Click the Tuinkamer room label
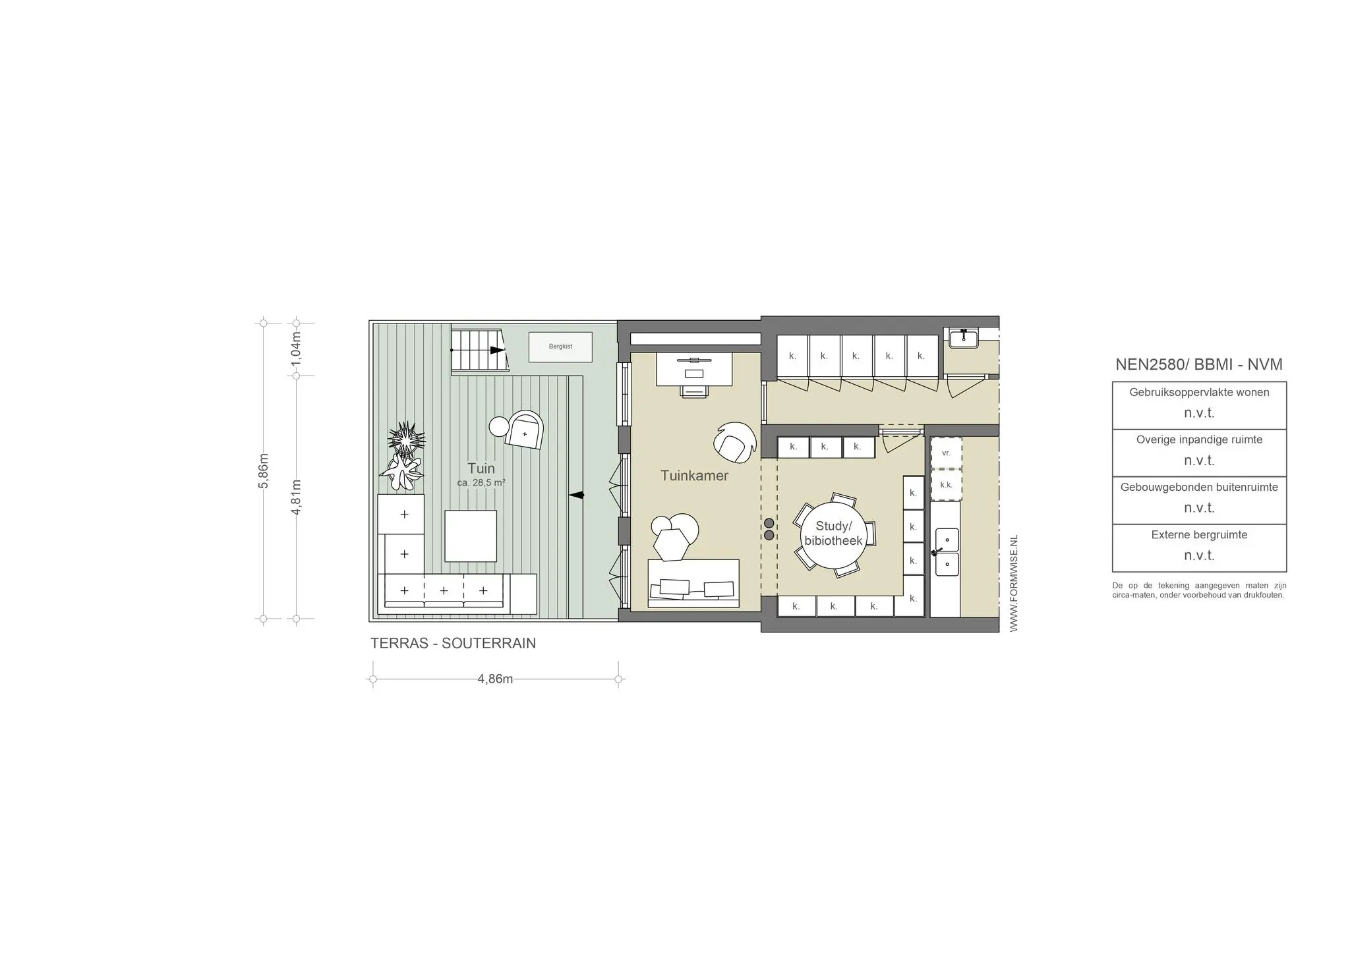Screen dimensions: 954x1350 click(694, 476)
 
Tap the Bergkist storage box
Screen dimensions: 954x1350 click(560, 347)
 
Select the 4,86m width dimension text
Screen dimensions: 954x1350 click(495, 679)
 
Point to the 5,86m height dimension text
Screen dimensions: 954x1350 click(264, 470)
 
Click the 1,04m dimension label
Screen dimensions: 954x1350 click(296, 349)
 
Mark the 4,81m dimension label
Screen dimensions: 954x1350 click(296, 497)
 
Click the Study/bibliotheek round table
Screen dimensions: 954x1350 click(833, 534)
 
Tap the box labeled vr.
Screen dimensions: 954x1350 click(946, 453)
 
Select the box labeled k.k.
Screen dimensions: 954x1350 click(946, 485)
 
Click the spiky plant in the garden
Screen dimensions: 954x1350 click(405, 438)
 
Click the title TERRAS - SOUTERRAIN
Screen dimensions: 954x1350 click(453, 643)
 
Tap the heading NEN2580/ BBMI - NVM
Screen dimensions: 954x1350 click(1198, 364)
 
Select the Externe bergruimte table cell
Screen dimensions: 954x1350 click(1199, 547)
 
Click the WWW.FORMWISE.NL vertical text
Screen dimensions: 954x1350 click(1014, 583)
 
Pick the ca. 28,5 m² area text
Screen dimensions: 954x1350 click(481, 483)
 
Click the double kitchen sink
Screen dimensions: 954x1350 click(947, 552)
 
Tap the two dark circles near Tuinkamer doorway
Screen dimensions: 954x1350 click(769, 529)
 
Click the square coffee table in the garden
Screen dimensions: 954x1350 click(470, 536)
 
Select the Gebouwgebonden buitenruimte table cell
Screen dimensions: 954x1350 click(1199, 500)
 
